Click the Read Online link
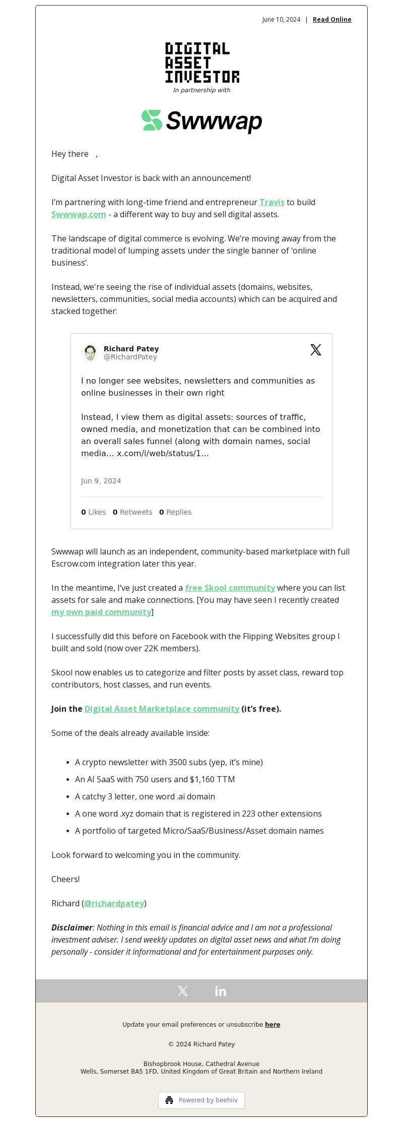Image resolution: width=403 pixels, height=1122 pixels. click(x=332, y=20)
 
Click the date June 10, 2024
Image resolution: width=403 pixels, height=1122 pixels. click(x=281, y=20)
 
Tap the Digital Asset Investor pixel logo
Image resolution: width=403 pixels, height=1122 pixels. click(x=202, y=63)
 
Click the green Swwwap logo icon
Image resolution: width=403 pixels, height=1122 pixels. click(x=152, y=120)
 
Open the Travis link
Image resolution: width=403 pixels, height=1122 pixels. click(x=272, y=202)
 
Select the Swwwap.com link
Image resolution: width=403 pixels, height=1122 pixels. click(x=79, y=214)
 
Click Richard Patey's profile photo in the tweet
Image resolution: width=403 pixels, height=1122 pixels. click(x=90, y=352)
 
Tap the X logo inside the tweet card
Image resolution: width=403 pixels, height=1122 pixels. click(x=316, y=350)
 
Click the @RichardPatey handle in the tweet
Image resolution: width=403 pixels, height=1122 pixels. click(x=130, y=357)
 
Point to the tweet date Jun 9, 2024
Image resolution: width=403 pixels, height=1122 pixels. click(x=101, y=481)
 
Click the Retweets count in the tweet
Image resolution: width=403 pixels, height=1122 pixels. click(x=132, y=512)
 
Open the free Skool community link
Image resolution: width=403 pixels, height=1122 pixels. click(x=230, y=588)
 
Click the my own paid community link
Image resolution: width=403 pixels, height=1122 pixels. click(x=101, y=612)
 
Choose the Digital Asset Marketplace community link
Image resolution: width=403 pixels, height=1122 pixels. click(x=162, y=709)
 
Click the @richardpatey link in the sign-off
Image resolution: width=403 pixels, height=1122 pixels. click(x=114, y=903)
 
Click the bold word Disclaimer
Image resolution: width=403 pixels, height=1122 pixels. click(x=72, y=927)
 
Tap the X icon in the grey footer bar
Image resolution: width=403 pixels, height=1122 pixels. click(x=183, y=991)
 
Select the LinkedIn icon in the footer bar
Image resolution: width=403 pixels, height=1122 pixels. click(x=221, y=991)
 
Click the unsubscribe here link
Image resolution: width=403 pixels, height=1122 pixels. click(x=273, y=1024)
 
